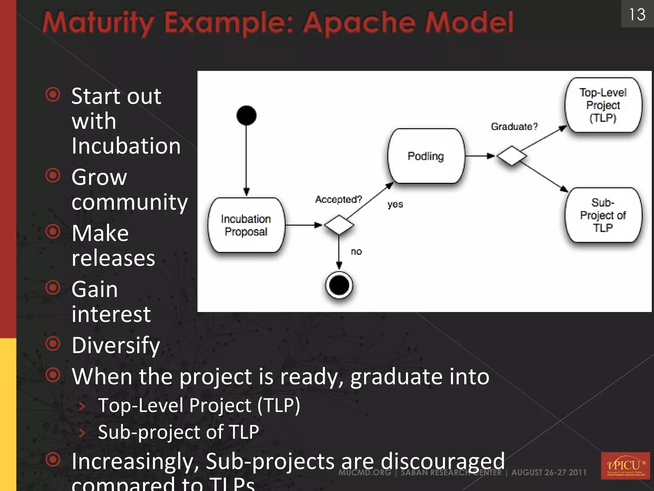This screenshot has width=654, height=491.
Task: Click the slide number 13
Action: click(637, 15)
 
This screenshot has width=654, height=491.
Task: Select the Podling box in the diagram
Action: click(426, 156)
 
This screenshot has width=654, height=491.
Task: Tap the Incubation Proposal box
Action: click(246, 225)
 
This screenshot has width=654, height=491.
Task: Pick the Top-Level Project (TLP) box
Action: click(603, 105)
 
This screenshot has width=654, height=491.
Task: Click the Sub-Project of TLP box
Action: click(603, 215)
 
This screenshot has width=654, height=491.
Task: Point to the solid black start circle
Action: click(246, 115)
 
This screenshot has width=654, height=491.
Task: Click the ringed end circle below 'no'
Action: click(339, 285)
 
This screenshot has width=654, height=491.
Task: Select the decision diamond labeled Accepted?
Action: click(339, 225)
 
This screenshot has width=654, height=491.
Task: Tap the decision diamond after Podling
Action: click(512, 156)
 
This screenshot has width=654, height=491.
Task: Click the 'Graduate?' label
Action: click(514, 127)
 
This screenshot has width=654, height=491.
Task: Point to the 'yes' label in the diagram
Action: click(395, 204)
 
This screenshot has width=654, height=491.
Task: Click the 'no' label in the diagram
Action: click(356, 252)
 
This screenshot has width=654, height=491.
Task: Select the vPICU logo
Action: click(625, 465)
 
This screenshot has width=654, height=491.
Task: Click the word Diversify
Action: click(116, 345)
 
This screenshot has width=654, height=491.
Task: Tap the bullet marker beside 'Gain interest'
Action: click(53, 288)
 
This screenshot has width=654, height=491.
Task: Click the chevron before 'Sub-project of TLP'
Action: click(82, 433)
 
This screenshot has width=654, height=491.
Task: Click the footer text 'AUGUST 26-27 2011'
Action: click(549, 472)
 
